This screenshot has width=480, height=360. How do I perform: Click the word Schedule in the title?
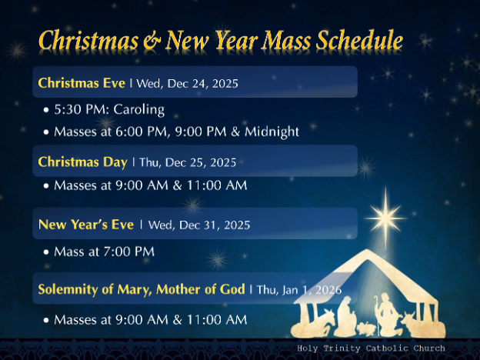(x=355, y=41)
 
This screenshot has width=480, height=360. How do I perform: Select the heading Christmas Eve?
(x=82, y=82)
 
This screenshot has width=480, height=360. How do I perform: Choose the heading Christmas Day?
(x=82, y=162)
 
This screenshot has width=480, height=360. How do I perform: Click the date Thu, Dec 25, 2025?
(x=188, y=162)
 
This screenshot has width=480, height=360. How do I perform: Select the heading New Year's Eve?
(x=85, y=225)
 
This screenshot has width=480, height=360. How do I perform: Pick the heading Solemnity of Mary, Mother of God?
(x=142, y=289)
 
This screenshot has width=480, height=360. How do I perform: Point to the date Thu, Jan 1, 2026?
(x=298, y=290)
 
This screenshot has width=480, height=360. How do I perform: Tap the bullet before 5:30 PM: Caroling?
(x=47, y=110)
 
